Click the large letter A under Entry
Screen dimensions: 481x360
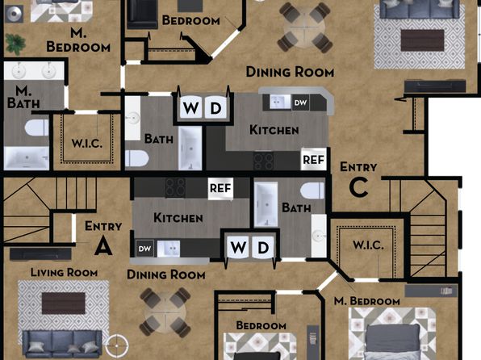(103, 246)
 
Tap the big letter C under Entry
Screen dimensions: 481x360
(358, 187)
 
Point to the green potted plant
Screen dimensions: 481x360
(15, 44)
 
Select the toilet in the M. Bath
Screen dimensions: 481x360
(36, 128)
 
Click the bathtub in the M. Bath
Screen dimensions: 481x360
(27, 157)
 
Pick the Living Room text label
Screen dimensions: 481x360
(64, 272)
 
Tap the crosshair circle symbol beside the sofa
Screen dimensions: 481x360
(117, 345)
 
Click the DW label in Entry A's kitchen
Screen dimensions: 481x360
(144, 249)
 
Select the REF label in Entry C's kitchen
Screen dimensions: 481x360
(313, 160)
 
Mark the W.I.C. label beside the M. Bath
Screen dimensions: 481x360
(87, 144)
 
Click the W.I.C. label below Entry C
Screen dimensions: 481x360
(368, 245)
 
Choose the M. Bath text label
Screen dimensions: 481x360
(23, 97)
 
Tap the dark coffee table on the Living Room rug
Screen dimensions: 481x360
(64, 303)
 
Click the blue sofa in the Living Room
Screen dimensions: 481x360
(62, 343)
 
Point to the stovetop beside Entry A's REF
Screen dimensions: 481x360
(175, 187)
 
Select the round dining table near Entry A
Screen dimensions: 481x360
(165, 312)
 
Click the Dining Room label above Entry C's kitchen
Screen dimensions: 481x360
(290, 72)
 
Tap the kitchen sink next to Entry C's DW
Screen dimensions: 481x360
(280, 102)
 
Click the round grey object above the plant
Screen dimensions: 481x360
(15, 13)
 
